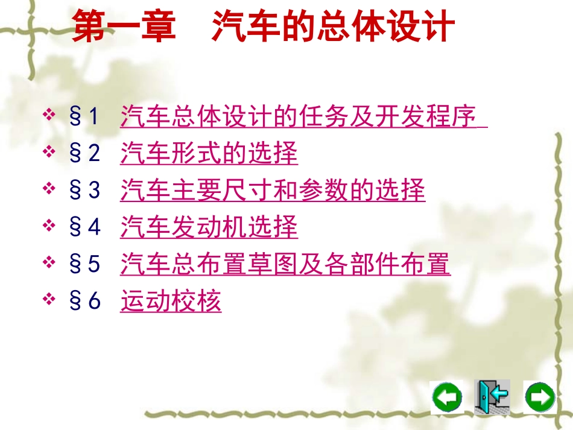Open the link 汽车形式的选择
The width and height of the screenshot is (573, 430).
(x=209, y=153)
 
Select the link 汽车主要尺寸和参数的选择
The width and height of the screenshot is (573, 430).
(x=273, y=190)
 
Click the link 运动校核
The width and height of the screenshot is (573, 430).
(x=171, y=300)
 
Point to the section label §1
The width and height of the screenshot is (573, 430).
(x=84, y=116)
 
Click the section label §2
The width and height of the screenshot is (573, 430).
(x=84, y=153)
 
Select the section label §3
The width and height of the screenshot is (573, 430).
(x=84, y=190)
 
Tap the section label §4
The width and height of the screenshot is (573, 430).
(x=84, y=227)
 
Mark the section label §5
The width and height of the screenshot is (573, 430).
(x=84, y=264)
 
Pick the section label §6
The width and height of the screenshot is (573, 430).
(x=84, y=300)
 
